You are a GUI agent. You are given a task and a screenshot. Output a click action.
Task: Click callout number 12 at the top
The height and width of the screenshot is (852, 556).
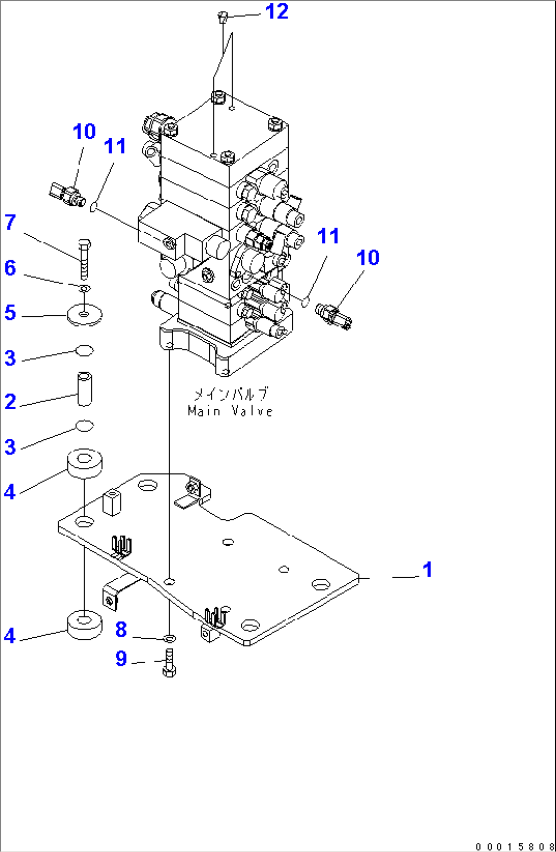point(277,12)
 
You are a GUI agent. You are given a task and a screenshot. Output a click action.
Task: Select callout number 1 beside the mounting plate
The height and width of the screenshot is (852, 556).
point(427,570)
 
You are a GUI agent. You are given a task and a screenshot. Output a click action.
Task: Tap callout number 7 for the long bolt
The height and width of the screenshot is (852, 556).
point(10,222)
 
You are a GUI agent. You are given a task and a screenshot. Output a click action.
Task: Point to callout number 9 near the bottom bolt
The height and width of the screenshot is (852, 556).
point(121,659)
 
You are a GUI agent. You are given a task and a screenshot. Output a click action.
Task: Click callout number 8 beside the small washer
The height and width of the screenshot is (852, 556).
point(121,630)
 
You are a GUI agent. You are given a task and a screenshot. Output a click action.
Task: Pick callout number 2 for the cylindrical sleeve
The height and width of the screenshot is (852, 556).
point(10,402)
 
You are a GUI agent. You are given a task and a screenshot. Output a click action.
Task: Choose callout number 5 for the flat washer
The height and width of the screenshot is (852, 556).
point(10,313)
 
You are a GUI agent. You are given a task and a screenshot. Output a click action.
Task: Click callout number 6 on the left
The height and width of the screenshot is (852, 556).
point(10,268)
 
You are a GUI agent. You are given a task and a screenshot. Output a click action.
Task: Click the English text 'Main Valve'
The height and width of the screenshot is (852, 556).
point(230,411)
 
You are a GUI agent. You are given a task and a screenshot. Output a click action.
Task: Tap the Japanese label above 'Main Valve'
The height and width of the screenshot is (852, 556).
point(230,394)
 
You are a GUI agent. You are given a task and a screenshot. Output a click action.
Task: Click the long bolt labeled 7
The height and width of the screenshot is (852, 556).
point(85,258)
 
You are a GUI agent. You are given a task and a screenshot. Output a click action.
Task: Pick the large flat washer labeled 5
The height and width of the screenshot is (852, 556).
point(84,314)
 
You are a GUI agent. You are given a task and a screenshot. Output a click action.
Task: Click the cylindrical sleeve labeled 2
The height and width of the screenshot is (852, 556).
point(85,390)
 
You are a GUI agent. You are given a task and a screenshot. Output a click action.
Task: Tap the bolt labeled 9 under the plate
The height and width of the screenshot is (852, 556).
point(169,663)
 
